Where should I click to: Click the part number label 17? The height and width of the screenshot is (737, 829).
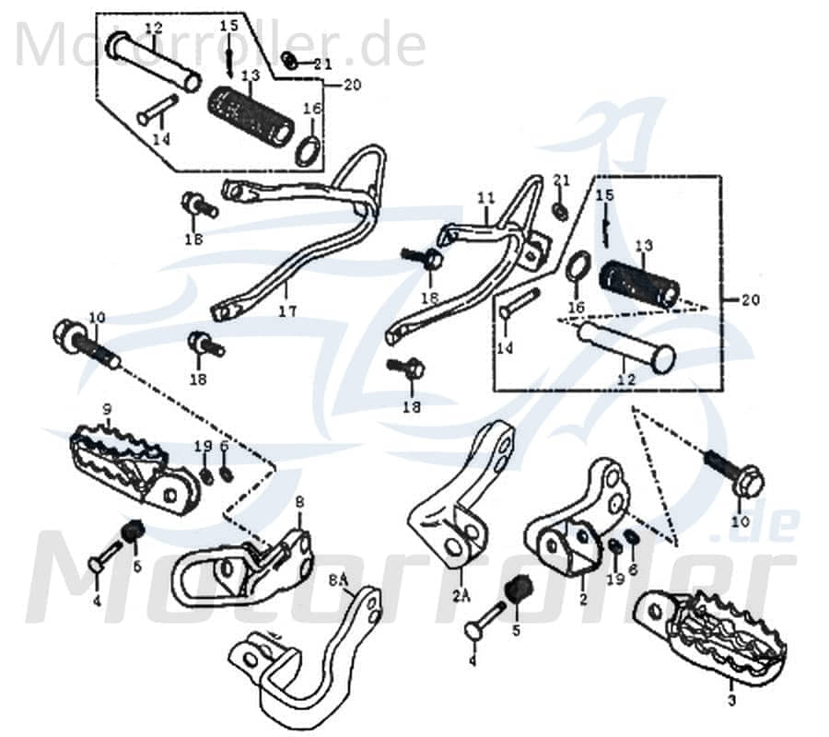(287, 312)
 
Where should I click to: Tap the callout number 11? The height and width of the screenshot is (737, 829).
(485, 198)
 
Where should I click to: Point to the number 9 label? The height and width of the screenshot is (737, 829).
(107, 409)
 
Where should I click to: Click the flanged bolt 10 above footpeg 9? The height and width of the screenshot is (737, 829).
(88, 344)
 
